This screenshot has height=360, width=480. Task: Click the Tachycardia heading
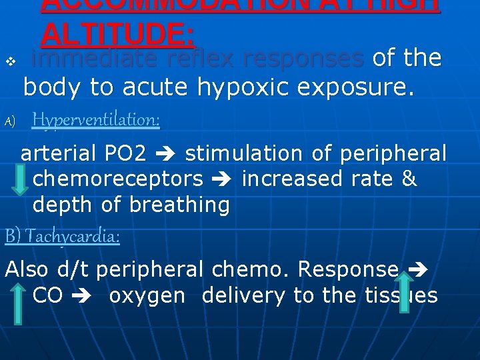(63, 236)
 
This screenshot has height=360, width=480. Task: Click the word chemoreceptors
(118, 179)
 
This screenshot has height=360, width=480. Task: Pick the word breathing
(179, 205)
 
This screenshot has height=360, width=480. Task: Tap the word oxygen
(147, 295)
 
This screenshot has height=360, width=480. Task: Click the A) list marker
(9, 121)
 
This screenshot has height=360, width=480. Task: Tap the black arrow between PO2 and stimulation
(166, 154)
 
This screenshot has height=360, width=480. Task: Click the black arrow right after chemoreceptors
(222, 179)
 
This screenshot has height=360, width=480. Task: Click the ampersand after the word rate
(409, 179)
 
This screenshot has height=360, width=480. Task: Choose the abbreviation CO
(47, 295)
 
